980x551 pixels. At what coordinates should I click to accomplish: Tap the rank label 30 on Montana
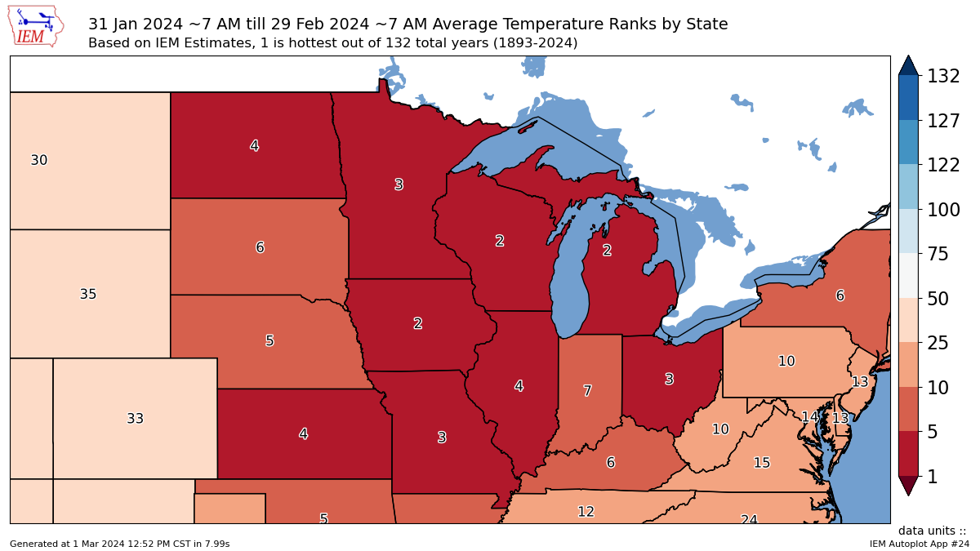click(x=39, y=161)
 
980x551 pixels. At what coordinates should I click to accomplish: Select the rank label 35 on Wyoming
click(x=88, y=295)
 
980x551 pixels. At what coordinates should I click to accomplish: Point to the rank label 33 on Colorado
click(x=136, y=419)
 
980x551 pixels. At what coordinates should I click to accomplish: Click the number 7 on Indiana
click(x=587, y=392)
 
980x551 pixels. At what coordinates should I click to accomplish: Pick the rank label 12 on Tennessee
click(x=586, y=512)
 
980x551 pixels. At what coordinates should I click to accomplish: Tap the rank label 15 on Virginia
click(x=761, y=463)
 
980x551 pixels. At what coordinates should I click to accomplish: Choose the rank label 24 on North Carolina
click(x=749, y=519)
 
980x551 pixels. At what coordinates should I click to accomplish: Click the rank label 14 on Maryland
click(x=809, y=417)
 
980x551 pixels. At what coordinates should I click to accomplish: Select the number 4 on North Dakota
click(x=254, y=146)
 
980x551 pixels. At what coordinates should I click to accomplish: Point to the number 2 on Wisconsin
click(x=499, y=241)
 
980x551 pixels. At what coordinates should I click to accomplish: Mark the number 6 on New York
click(x=840, y=296)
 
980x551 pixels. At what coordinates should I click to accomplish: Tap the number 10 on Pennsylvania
click(x=786, y=361)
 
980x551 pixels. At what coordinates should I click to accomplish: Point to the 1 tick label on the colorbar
click(x=932, y=477)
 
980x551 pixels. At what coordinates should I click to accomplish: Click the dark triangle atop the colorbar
click(x=909, y=65)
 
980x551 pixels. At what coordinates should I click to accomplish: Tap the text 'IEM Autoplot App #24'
click(x=919, y=544)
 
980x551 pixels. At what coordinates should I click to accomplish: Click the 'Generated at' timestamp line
click(x=119, y=544)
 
